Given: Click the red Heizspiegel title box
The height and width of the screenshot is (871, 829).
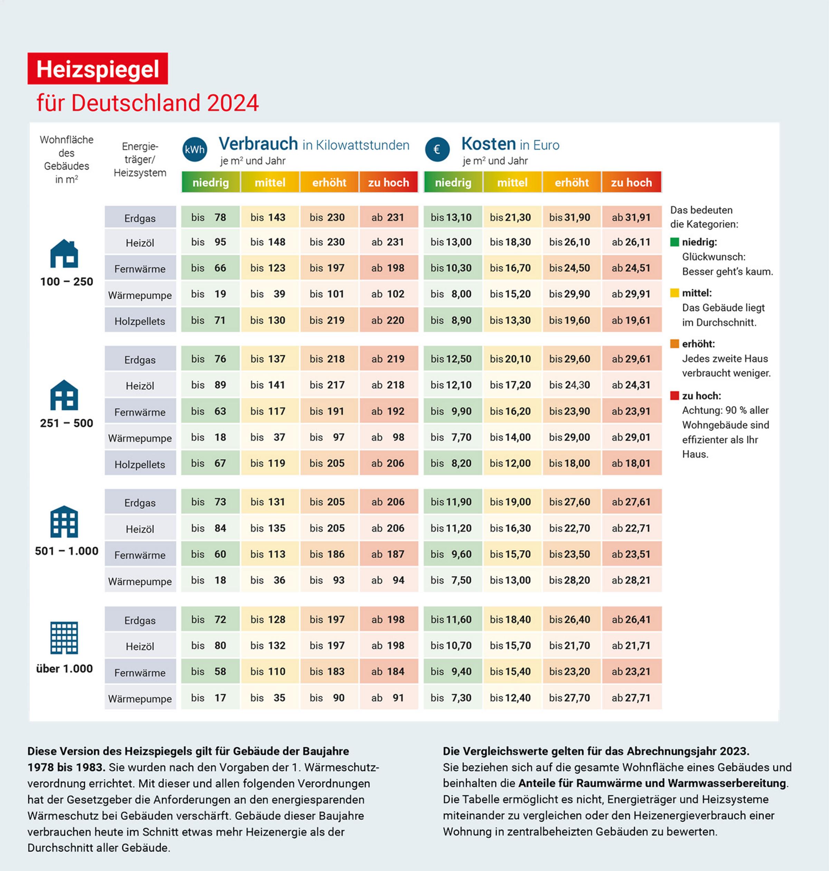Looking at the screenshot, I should tap(98, 68).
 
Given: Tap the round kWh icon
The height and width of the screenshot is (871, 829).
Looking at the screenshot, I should tap(194, 149).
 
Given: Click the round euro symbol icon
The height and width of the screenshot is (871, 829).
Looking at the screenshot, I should tap(437, 149).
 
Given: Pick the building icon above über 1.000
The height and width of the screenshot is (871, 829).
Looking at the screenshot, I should tap(64, 638).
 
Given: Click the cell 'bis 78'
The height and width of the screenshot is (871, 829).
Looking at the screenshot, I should tap(210, 217).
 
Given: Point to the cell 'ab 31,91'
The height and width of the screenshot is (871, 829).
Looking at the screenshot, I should tap(631, 217).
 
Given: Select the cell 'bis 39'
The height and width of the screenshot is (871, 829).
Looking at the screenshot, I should tap(269, 294).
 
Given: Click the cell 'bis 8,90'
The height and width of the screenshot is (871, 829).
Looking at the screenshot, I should tap(452, 320).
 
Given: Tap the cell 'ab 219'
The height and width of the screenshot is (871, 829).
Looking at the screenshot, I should tap(389, 359).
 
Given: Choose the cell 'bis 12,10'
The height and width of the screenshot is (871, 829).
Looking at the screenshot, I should tap(452, 385).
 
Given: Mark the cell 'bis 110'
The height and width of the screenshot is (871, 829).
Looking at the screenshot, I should tap(269, 672).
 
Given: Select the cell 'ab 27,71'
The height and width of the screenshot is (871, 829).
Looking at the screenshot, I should tap(631, 698).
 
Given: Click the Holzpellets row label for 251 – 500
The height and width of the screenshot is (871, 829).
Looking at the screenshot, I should tap(140, 464).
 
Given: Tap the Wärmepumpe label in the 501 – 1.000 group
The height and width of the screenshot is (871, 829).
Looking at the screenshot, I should tap(140, 581).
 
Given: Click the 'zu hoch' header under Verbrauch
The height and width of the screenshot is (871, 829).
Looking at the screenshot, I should tap(389, 182).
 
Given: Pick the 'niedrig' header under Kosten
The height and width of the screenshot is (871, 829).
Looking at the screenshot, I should tap(453, 182).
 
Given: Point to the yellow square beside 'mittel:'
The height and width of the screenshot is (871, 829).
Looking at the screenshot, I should tap(674, 293).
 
